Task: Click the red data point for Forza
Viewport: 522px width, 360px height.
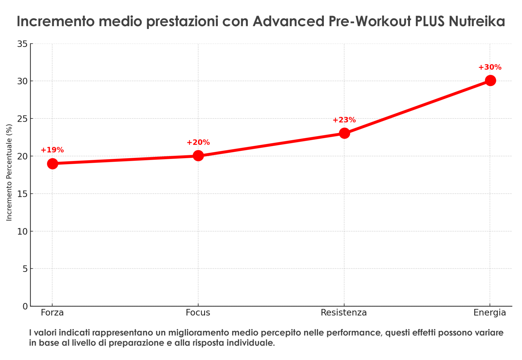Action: (x=52, y=164)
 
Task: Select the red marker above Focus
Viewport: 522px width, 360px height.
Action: (x=198, y=156)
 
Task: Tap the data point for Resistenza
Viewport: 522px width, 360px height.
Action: (x=344, y=133)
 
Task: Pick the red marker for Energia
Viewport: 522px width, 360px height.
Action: (x=490, y=80)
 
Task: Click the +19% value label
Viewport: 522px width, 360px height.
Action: (x=52, y=150)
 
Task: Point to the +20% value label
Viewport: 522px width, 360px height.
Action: (x=198, y=142)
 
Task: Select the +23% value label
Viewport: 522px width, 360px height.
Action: (x=344, y=120)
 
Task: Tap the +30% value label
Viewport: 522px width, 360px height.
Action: (x=490, y=67)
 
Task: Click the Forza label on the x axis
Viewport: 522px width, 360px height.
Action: (x=52, y=312)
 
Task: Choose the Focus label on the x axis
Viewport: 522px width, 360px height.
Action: (x=198, y=312)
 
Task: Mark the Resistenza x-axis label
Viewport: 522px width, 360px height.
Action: (x=344, y=312)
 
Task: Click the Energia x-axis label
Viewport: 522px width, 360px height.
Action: (x=490, y=312)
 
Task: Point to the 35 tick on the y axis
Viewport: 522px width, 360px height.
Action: (x=23, y=44)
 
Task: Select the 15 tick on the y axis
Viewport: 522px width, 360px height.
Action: (x=23, y=194)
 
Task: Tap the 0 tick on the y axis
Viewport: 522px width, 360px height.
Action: (x=25, y=306)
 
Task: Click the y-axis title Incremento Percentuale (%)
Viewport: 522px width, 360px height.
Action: (x=9, y=172)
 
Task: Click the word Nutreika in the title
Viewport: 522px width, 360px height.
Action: (x=477, y=21)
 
